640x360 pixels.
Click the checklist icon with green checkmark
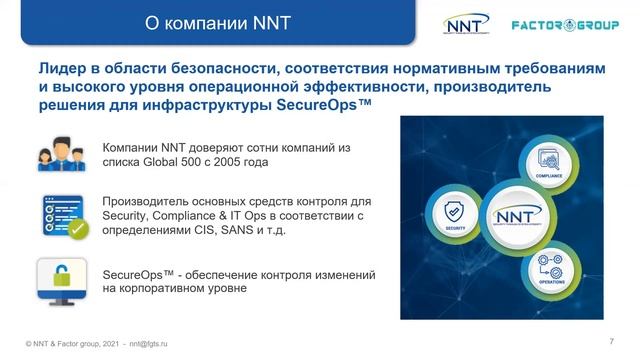[x=59, y=214]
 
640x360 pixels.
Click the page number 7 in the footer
[x=611, y=333]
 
